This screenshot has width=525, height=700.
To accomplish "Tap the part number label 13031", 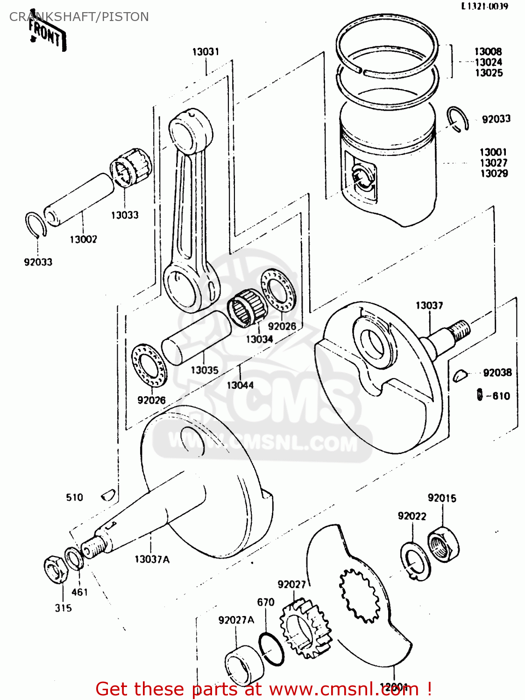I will pyautogui.click(x=206, y=52).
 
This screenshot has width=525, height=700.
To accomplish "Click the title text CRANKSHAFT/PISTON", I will pyautogui.click(x=79, y=17).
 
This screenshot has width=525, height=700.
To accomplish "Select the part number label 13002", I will pyautogui.click(x=83, y=239).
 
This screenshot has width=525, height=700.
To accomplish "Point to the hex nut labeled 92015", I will pyautogui.click(x=443, y=544).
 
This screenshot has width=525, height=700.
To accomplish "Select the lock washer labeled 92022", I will pyautogui.click(x=414, y=561).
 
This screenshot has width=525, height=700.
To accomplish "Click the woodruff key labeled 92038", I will pyautogui.click(x=460, y=374).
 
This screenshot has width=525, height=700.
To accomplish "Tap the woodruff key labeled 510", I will pyautogui.click(x=108, y=494).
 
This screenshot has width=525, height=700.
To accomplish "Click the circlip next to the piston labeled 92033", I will pyautogui.click(x=457, y=119).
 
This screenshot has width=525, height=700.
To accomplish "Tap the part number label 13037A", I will pyautogui.click(x=152, y=559).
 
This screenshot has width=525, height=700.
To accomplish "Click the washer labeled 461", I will pyautogui.click(x=74, y=558).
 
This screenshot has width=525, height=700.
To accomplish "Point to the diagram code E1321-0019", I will pyautogui.click(x=484, y=7).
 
